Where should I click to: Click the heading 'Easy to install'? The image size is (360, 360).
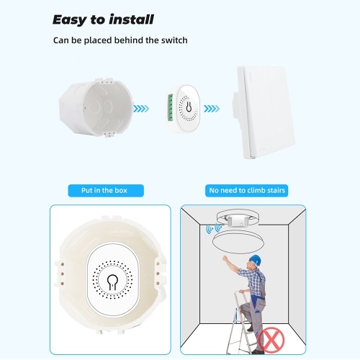(103, 20)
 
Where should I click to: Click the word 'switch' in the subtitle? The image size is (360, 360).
(174, 40)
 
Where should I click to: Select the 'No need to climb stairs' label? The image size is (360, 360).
(247, 191)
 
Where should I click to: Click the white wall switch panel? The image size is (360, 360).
(264, 112)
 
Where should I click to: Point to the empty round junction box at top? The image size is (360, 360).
(96, 107)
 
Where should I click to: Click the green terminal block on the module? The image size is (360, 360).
(171, 107)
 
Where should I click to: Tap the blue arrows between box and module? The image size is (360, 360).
(141, 109)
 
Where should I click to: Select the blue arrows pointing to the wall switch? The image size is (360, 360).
(212, 109)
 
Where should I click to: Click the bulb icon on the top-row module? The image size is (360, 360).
(189, 107)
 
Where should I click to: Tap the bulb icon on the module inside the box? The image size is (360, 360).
(112, 282)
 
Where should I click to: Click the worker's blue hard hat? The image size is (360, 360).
(255, 260)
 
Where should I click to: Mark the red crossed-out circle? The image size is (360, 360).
(271, 339)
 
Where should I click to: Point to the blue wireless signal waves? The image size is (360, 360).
(213, 228)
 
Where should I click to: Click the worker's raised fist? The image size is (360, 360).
(225, 258)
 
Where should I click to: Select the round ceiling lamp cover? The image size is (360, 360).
(238, 242)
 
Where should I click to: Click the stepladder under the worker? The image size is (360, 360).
(241, 323)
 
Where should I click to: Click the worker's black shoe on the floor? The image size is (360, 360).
(258, 352)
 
